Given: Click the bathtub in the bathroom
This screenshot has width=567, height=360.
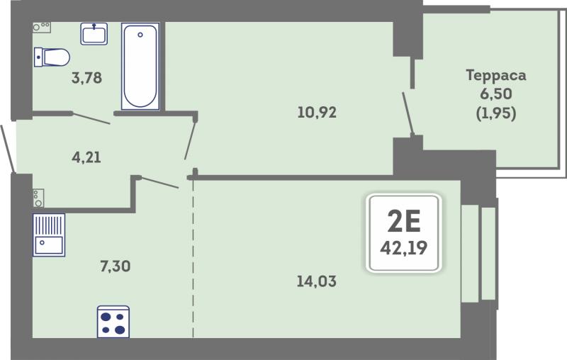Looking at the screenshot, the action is coord(140,66).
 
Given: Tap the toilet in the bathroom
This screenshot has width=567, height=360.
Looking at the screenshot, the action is coord(52,57).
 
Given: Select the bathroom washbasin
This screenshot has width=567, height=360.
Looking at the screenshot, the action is coord(94,33).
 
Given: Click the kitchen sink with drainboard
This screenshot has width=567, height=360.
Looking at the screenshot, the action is coord(49,235).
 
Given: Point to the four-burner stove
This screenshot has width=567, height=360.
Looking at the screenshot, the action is coord(113,322).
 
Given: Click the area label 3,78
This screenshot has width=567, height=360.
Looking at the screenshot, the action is coord(86,78).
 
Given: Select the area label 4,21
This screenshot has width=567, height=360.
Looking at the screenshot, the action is coord(86,157).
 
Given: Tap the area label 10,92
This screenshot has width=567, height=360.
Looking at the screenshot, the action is coord(317,112).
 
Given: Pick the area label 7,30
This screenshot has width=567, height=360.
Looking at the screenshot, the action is coord(116,266).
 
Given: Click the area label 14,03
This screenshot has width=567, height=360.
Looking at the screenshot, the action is coord(316,281).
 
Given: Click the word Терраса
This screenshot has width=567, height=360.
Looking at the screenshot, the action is coord(495,75).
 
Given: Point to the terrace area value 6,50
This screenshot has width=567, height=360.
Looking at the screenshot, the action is coord(495,94).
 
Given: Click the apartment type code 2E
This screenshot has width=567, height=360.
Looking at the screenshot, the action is coord(404,221).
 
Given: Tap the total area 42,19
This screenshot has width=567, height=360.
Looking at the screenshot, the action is coord(403,248).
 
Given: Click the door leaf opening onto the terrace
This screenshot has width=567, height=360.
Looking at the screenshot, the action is coord(408,113).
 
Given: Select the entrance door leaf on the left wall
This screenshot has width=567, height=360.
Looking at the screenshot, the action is coord(8,149).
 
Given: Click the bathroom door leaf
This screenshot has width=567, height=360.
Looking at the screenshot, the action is coord(91,118).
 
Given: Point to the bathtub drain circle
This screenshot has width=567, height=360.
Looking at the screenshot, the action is coord(140,35).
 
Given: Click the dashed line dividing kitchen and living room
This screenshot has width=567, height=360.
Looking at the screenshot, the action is coord(193,259).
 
